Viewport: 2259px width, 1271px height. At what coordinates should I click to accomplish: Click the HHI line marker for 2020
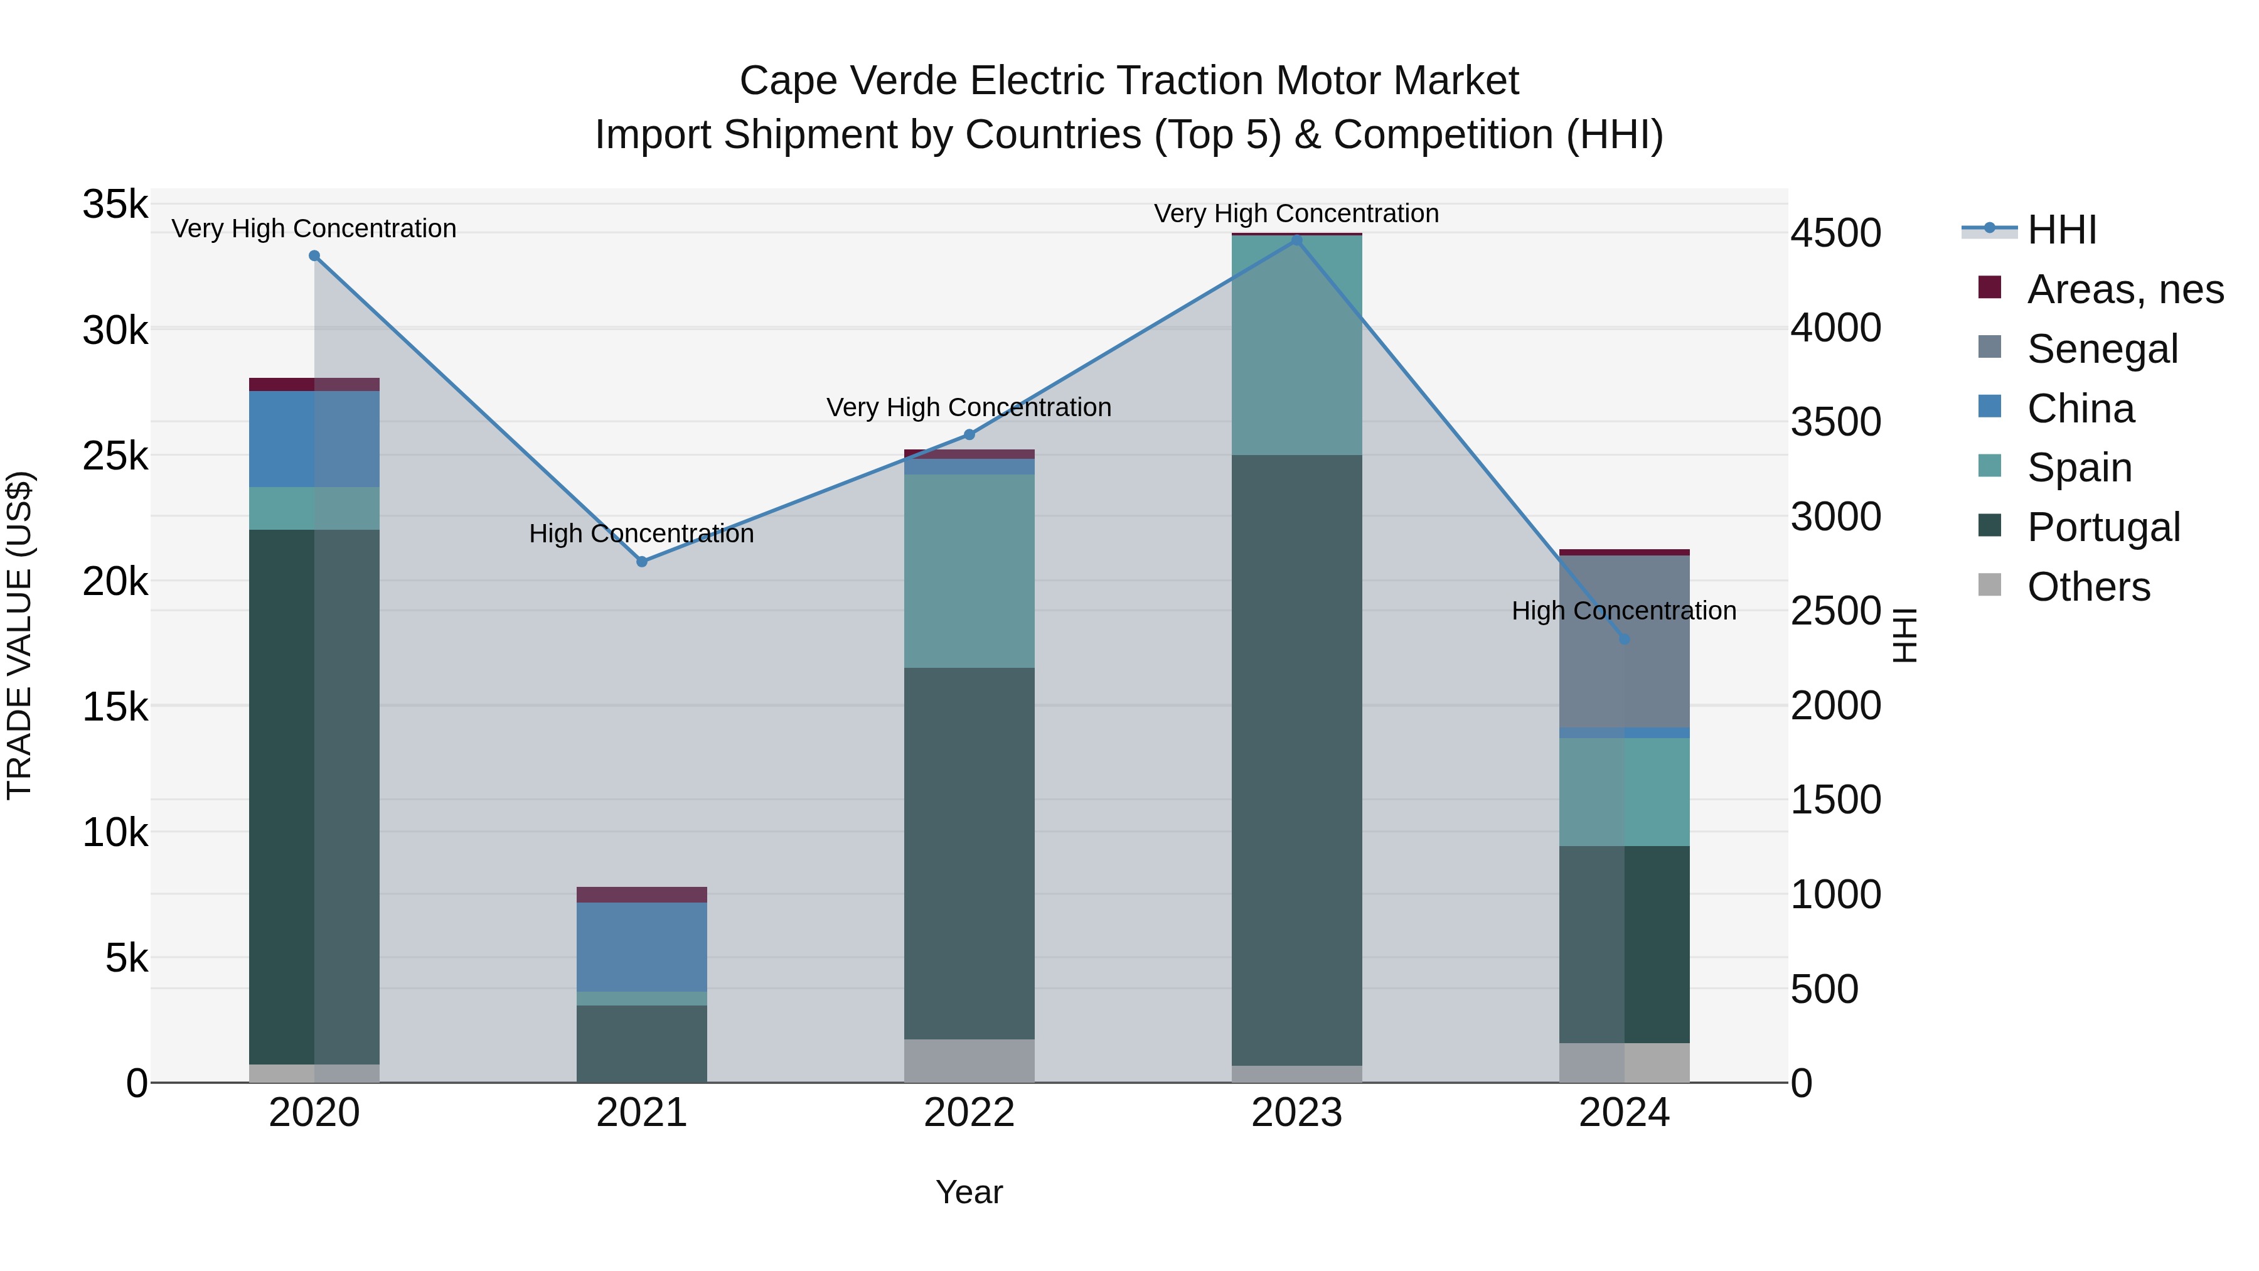(314, 256)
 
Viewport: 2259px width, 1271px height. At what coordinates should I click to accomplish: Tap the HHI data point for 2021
(642, 561)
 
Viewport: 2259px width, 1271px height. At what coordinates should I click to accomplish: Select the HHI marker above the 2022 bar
(969, 435)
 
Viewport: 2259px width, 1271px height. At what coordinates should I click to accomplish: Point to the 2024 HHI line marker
(1624, 640)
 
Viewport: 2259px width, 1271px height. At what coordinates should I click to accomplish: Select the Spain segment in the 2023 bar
(1296, 346)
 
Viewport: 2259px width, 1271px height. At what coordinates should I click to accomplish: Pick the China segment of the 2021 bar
(642, 947)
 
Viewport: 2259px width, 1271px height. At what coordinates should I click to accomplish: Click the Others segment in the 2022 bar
(969, 1061)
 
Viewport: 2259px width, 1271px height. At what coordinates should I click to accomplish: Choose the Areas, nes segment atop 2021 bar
(642, 894)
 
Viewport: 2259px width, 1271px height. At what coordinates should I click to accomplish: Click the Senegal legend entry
(2102, 349)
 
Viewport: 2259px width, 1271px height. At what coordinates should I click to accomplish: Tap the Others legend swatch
(1990, 585)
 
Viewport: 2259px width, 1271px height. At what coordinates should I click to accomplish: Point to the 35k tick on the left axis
(115, 205)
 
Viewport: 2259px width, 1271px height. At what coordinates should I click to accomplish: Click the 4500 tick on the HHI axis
(1835, 233)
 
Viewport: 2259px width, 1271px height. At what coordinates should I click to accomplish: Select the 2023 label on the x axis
(1296, 1113)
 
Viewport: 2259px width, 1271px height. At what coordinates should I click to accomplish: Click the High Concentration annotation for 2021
(641, 534)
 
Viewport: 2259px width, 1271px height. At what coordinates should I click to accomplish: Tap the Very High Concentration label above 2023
(1296, 213)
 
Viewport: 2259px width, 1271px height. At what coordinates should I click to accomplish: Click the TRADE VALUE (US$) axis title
(19, 635)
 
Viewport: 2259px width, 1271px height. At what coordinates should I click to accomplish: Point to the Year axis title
(969, 1192)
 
